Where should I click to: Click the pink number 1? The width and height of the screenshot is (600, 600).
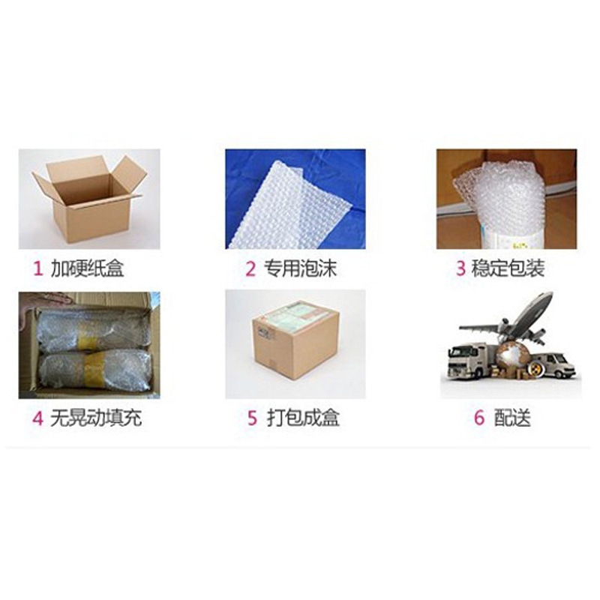38,268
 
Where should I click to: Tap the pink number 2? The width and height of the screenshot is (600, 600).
250,268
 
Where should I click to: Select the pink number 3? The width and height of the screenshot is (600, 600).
460,268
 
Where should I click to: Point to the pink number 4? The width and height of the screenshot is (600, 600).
37,418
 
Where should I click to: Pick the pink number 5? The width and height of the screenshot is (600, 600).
252,418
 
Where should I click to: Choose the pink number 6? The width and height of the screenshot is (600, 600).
479,418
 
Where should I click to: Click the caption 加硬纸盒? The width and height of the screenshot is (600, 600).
88,268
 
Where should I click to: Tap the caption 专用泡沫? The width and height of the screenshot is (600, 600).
300,268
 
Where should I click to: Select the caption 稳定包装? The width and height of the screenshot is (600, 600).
508,268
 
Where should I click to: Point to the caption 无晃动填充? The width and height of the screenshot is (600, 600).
96,418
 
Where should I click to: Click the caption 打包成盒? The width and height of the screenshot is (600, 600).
303,418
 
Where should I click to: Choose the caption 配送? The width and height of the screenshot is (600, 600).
512,417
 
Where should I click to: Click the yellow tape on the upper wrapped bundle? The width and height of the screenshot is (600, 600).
88,331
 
